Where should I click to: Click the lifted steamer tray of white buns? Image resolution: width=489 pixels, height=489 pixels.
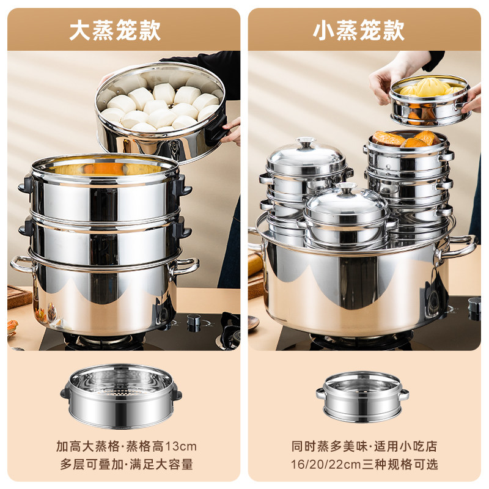tap(161, 110)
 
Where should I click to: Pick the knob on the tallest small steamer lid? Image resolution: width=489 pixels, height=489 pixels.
tap(305, 144)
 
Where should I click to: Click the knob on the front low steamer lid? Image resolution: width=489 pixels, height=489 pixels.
tap(347, 188)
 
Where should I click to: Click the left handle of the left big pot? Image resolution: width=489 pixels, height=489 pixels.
tap(22, 264)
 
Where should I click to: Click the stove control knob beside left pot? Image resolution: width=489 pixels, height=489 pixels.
tap(194, 320)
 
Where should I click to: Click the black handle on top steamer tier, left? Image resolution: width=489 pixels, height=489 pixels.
tap(26, 184)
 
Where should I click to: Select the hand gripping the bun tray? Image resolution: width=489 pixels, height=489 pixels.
tap(231, 131)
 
